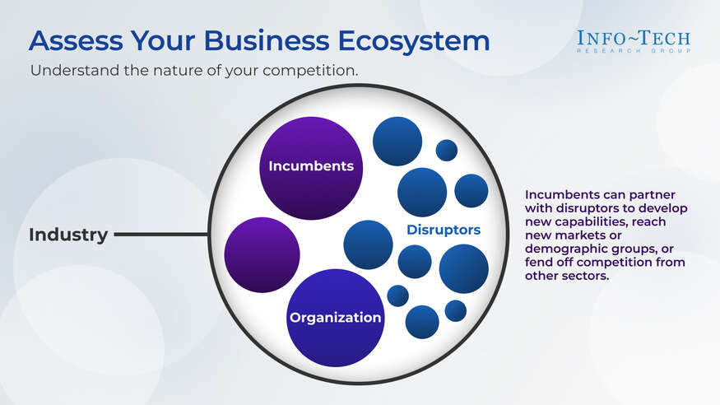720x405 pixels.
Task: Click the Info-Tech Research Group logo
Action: click(x=633, y=41)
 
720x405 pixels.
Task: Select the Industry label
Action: click(x=68, y=235)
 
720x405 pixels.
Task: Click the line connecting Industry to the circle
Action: click(x=160, y=235)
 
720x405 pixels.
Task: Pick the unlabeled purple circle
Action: click(x=262, y=254)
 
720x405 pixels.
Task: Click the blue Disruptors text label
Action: click(x=444, y=230)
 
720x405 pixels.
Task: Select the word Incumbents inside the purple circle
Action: click(x=311, y=166)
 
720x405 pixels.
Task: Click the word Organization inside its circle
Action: click(x=335, y=317)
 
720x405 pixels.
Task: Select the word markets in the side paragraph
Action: click(x=581, y=235)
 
